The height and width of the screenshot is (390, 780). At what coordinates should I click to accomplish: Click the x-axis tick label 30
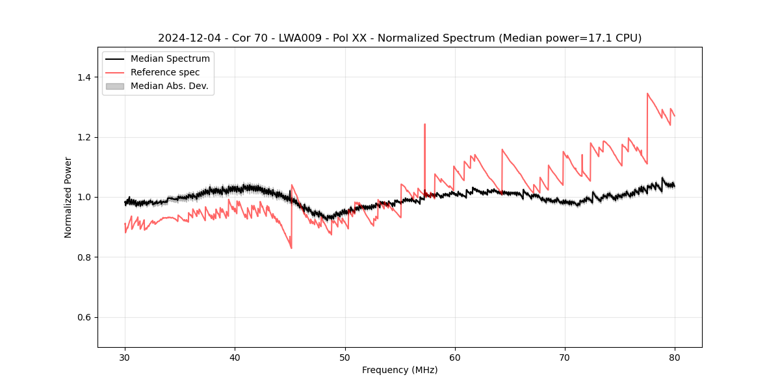[x=125, y=357]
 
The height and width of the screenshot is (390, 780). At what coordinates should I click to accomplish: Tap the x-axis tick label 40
[x=235, y=357]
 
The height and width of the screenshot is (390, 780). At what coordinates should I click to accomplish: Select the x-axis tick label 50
[x=344, y=357]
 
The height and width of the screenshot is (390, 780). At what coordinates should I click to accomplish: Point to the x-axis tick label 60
[x=455, y=357]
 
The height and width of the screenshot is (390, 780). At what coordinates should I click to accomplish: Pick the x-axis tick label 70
[x=565, y=357]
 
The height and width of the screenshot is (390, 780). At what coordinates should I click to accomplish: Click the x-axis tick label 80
[x=675, y=357]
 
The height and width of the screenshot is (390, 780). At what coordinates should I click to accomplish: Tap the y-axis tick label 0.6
[x=84, y=317]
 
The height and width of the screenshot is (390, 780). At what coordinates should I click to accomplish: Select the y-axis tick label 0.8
[x=84, y=257]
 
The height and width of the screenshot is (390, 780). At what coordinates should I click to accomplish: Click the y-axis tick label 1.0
[x=84, y=197]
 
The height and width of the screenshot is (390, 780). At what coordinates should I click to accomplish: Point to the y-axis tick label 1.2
[x=84, y=137]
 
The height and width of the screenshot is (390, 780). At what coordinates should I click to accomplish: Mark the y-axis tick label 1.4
[x=84, y=77]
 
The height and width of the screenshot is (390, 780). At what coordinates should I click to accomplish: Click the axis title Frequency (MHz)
[x=400, y=370]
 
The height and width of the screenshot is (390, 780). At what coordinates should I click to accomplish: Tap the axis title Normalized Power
[x=68, y=197]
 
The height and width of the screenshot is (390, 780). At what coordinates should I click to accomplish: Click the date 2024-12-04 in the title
[x=187, y=38]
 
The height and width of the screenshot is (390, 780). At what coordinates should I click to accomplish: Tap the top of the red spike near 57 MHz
[x=424, y=124]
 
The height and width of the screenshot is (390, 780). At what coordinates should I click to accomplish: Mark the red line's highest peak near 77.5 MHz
[x=647, y=94]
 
